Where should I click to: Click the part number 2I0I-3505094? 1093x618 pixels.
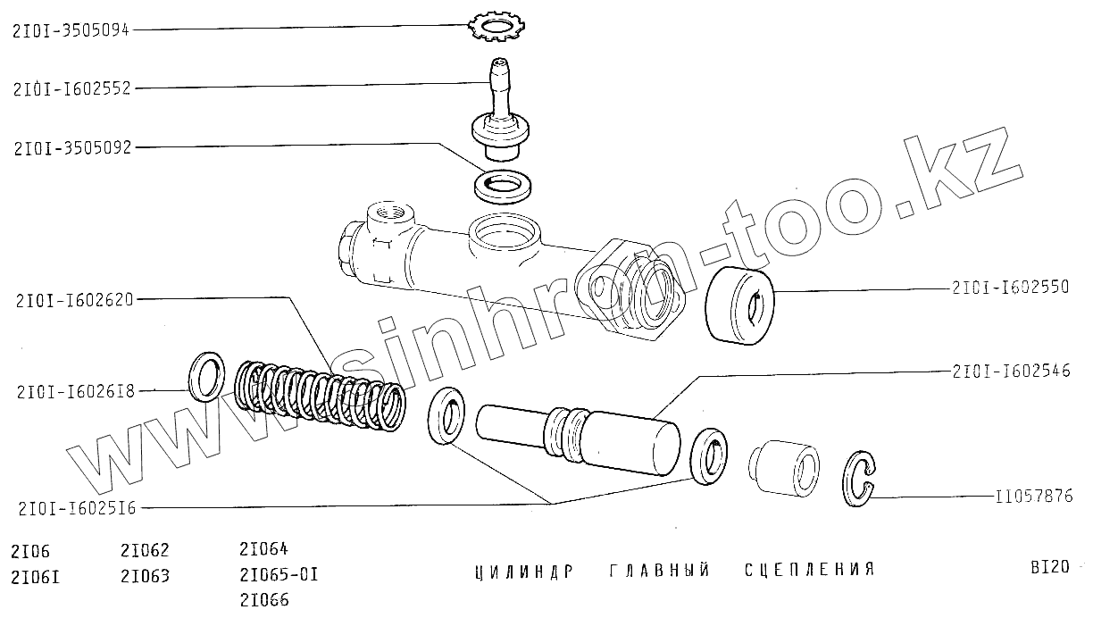pyautogui.click(x=71, y=29)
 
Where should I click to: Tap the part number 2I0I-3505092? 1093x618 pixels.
pyautogui.click(x=72, y=147)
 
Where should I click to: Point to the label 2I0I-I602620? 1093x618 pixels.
pyautogui.click(x=74, y=300)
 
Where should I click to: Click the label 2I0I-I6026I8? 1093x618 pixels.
pyautogui.click(x=73, y=390)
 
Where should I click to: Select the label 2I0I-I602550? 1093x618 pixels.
pyautogui.click(x=1010, y=288)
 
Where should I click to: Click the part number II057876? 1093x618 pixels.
pyautogui.click(x=1033, y=497)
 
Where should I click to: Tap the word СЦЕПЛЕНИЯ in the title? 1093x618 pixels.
pyautogui.click(x=809, y=570)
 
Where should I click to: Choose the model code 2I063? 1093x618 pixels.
pyautogui.click(x=144, y=575)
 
